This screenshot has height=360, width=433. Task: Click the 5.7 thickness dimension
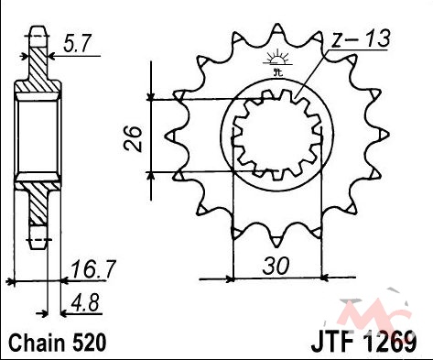[x=77, y=43]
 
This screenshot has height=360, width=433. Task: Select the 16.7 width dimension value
[x=92, y=269]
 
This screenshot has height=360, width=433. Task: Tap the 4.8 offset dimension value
[x=85, y=303]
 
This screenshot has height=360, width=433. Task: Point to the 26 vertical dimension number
[x=133, y=139]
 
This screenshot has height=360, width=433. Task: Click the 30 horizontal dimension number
[x=276, y=266]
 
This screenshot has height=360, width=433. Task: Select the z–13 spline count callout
[x=361, y=38]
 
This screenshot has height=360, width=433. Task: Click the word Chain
[x=38, y=343]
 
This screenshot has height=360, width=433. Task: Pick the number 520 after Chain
[x=89, y=343]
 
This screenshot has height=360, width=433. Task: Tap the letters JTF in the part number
[x=332, y=341]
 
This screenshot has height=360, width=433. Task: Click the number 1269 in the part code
[x=391, y=341]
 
